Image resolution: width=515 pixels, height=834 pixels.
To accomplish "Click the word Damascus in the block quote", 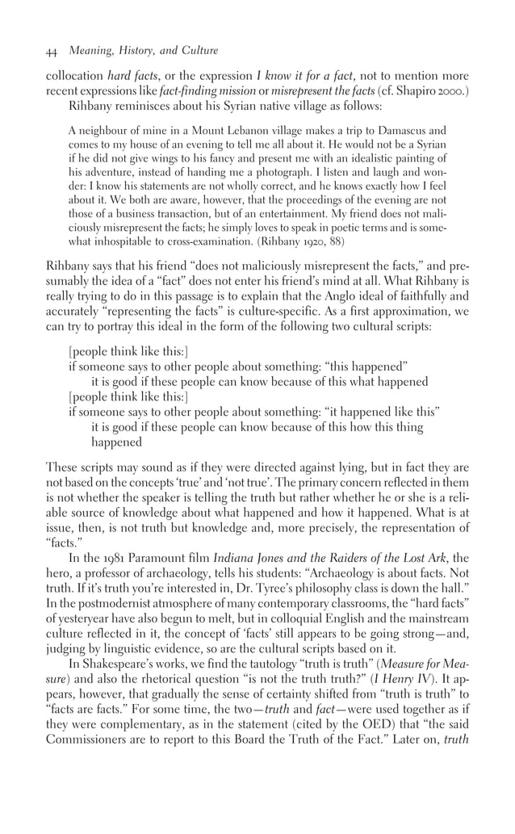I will [x=417, y=129].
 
